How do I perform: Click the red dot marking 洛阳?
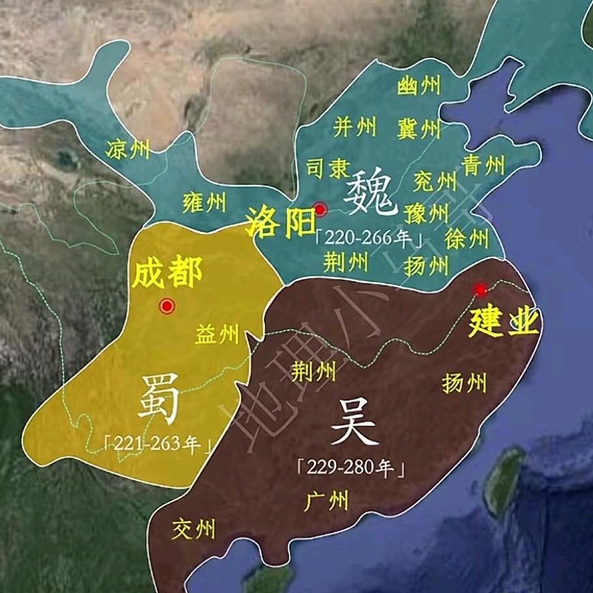click(320, 209)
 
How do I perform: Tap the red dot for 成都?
click(167, 306)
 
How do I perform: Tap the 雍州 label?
click(204, 203)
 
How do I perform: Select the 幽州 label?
click(418, 85)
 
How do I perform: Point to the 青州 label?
click(484, 165)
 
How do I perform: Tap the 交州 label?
click(194, 528)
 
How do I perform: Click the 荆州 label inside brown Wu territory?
click(313, 371)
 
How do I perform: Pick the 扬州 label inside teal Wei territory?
click(427, 265)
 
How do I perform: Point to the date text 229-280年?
click(352, 468)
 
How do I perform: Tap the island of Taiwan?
click(506, 479)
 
